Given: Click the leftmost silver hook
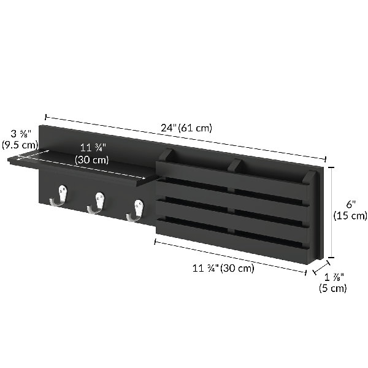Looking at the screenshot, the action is (59, 196).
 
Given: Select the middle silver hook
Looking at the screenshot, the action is (96, 203).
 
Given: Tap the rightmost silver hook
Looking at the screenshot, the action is (136, 210).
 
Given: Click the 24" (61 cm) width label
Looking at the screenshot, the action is (186, 128).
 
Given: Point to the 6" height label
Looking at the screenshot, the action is (351, 205).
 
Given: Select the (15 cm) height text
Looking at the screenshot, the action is (350, 215).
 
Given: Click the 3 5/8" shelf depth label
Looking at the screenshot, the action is (21, 134).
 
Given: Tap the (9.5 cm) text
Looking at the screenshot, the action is (20, 145).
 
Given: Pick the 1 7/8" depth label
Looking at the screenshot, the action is (334, 277).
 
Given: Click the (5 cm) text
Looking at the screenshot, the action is (333, 288).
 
